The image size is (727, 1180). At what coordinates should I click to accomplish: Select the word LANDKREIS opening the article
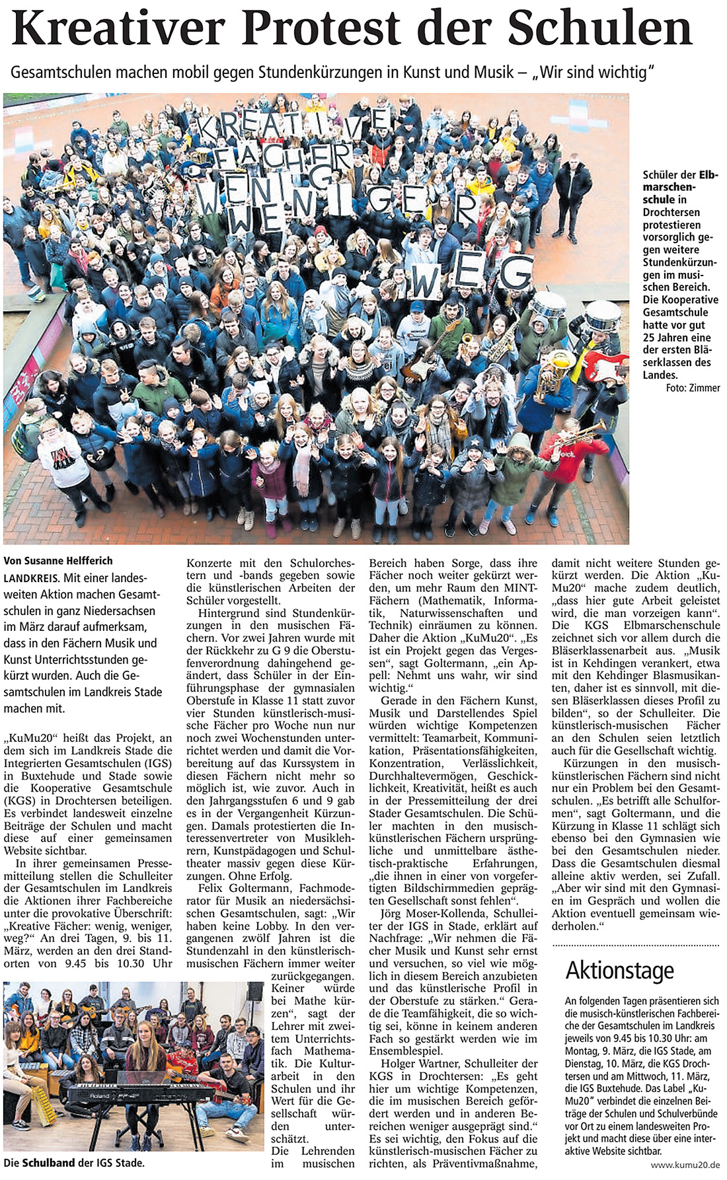pos(31,577)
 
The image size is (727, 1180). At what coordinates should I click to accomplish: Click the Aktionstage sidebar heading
pos(619,970)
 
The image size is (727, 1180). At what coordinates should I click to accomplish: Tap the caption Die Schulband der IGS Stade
pos(74,1162)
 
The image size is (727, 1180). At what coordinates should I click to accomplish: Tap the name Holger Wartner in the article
pos(421,1063)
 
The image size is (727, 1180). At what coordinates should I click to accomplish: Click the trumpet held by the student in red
pos(584,431)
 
